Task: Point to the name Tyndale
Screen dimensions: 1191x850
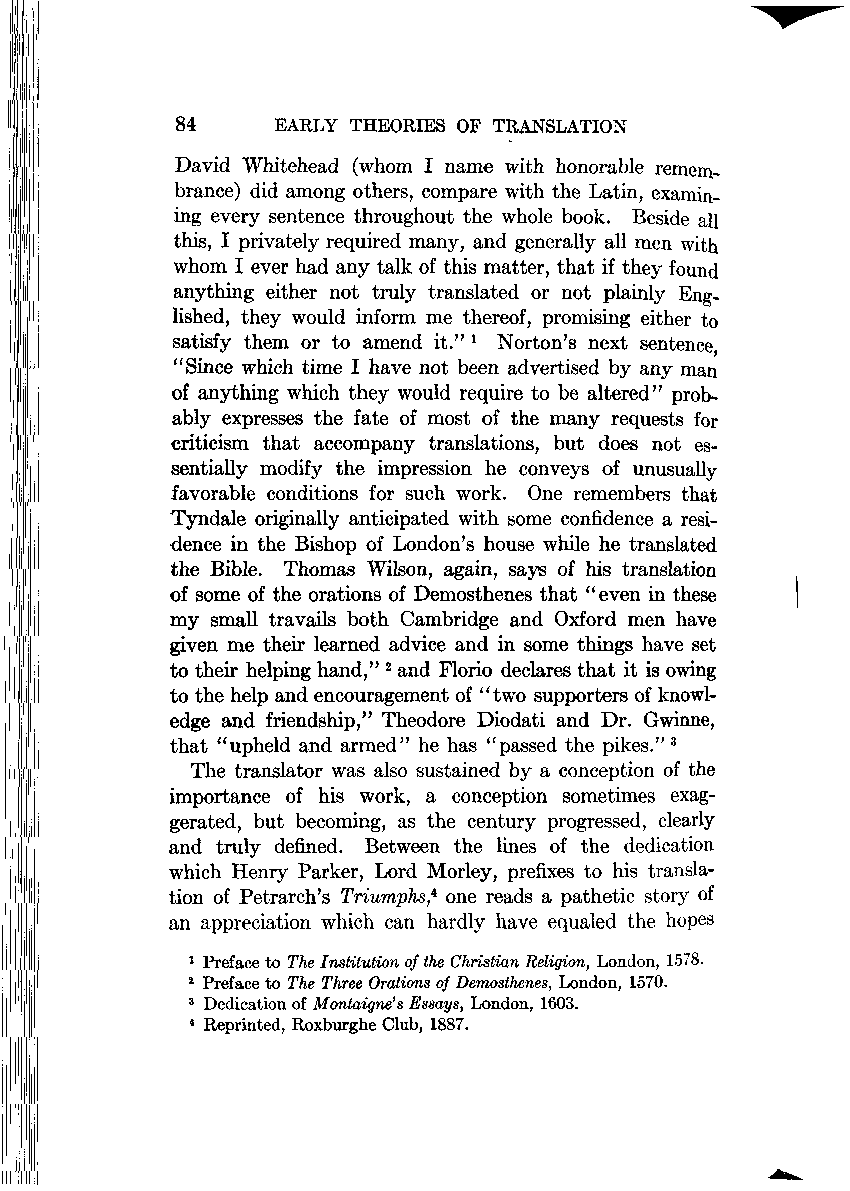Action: coord(208,519)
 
